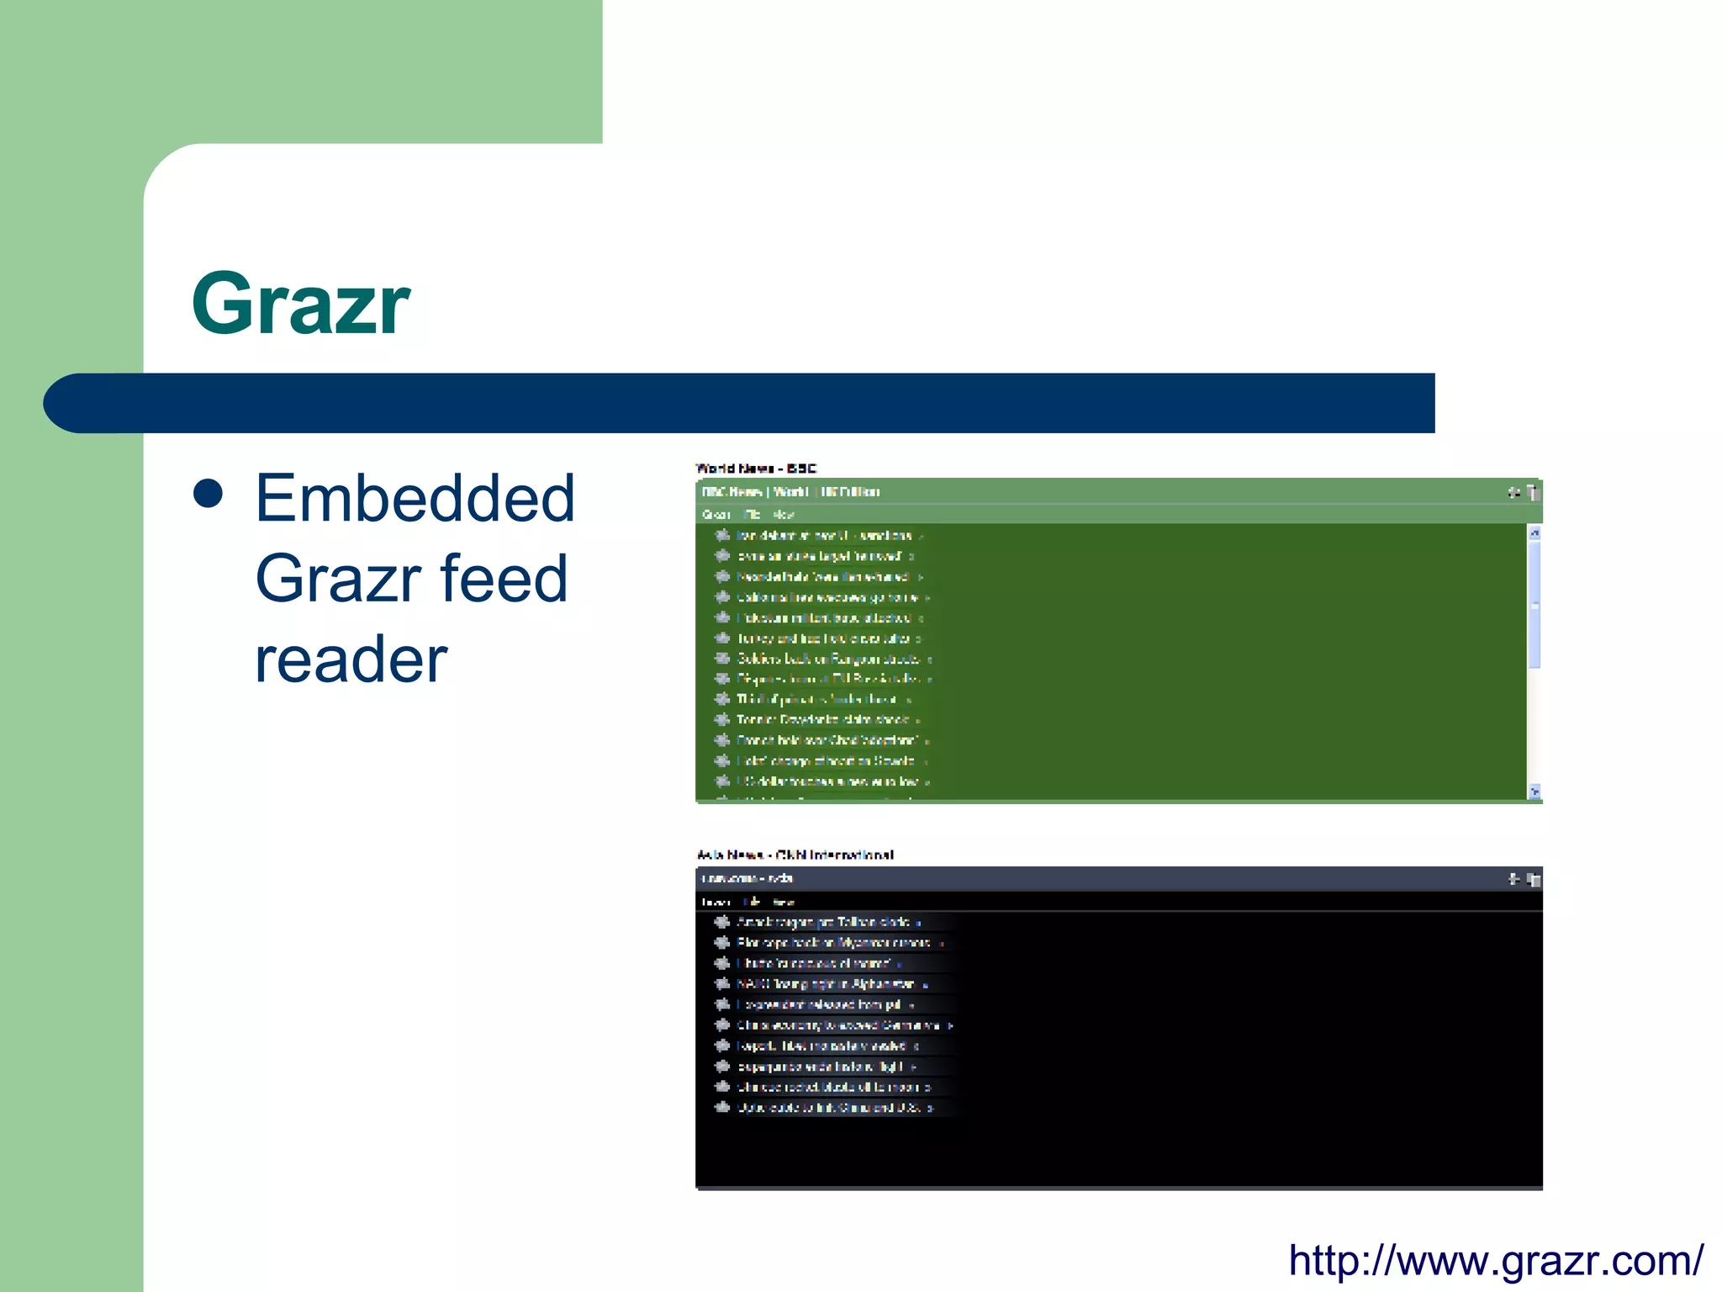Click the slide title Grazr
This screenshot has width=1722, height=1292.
pyautogui.click(x=300, y=304)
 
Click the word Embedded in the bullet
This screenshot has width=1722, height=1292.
pyautogui.click(x=415, y=498)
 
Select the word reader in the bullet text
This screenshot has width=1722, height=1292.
pyautogui.click(x=351, y=659)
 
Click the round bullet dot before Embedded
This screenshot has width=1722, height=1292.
pyautogui.click(x=208, y=494)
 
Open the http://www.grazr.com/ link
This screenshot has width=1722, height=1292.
pyautogui.click(x=1496, y=1260)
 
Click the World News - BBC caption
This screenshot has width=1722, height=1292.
pyautogui.click(x=756, y=468)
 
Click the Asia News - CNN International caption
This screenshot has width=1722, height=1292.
pyautogui.click(x=795, y=855)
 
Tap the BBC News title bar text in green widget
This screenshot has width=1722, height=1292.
pyautogui.click(x=790, y=491)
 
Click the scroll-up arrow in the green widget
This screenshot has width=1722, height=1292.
pyautogui.click(x=1534, y=533)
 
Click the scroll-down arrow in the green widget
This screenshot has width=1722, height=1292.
pyautogui.click(x=1534, y=792)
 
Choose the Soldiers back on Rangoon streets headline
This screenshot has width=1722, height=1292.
pyautogui.click(x=828, y=659)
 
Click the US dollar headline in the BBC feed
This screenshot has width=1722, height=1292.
pyautogui.click(x=827, y=781)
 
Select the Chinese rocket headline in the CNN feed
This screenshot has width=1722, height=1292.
pyautogui.click(x=827, y=1087)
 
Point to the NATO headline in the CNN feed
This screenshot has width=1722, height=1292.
pyautogui.click(x=825, y=984)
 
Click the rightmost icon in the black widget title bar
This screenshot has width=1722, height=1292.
pyautogui.click(x=1534, y=879)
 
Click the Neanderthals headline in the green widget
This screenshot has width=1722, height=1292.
pyautogui.click(x=822, y=577)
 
